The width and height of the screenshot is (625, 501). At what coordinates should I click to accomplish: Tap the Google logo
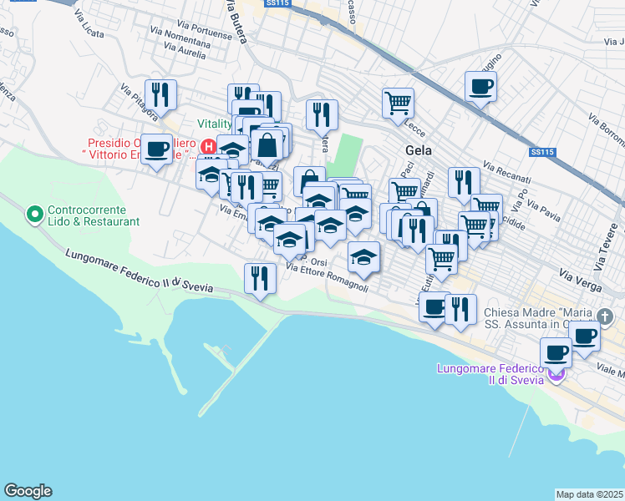28,491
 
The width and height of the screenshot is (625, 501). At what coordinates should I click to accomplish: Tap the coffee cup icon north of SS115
481,86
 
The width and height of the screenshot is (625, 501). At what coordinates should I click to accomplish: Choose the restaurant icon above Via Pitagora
159,94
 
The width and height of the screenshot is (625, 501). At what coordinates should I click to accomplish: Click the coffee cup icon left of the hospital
156,149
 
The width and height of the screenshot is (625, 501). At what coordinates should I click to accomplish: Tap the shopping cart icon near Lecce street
398,103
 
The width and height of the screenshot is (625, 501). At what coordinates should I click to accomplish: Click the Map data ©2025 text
590,494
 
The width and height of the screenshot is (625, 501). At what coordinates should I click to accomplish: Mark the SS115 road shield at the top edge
277,4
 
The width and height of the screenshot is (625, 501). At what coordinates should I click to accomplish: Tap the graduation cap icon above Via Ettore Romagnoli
363,256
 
